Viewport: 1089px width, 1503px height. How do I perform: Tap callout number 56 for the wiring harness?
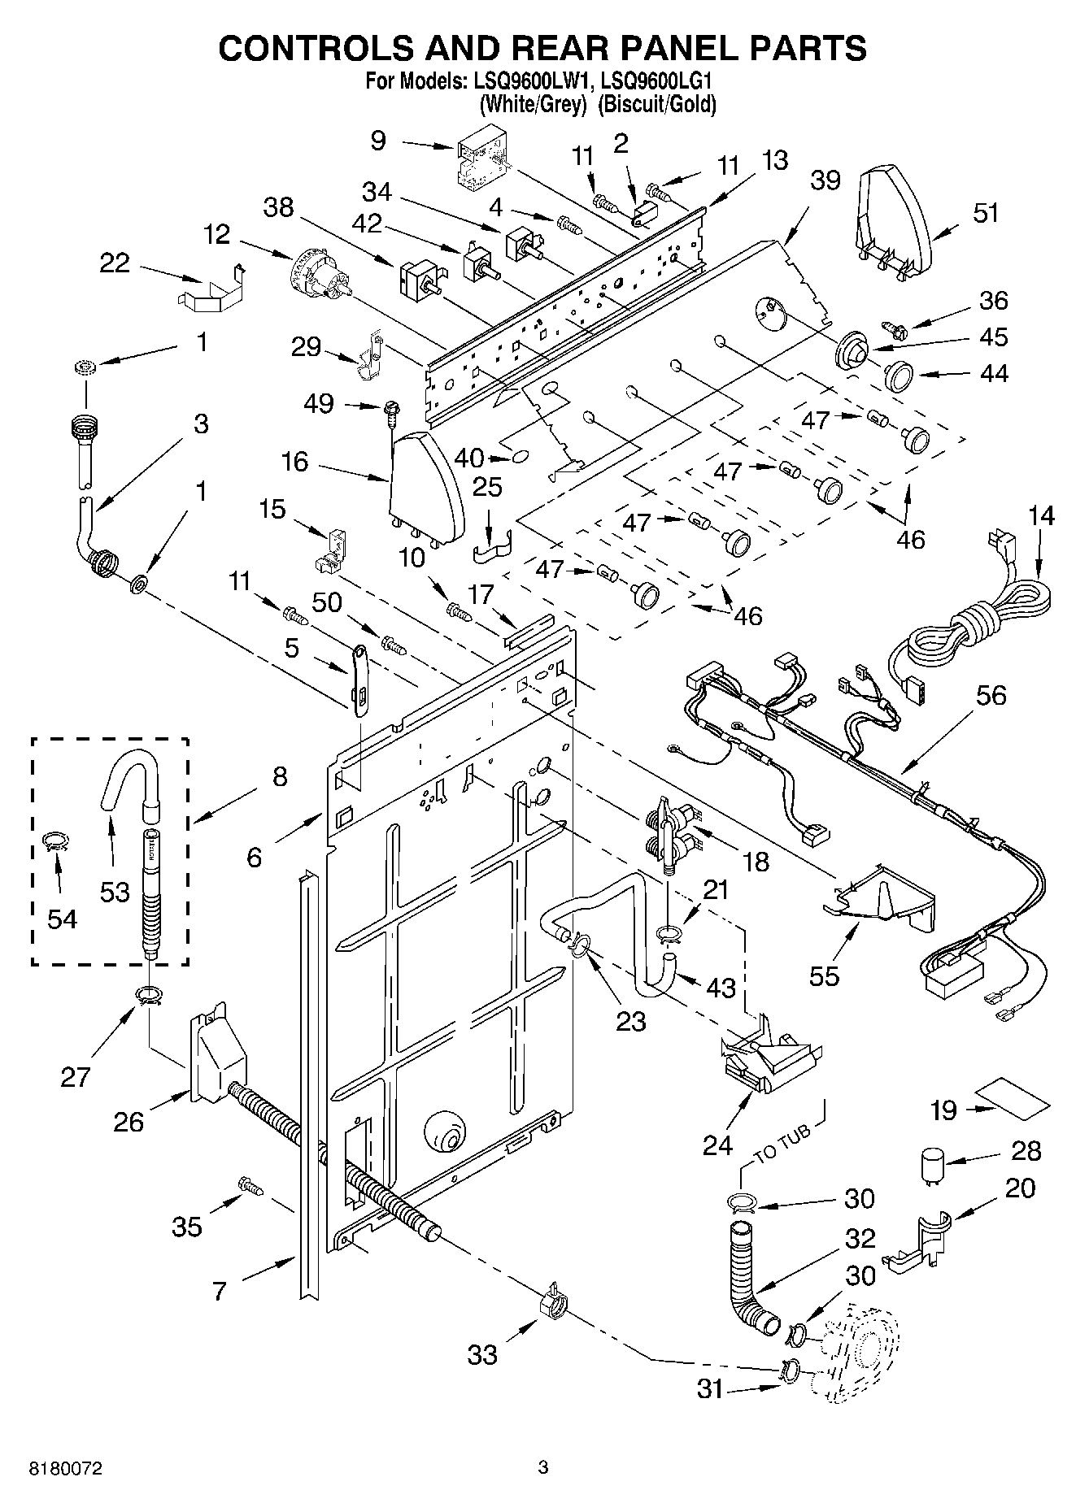(991, 696)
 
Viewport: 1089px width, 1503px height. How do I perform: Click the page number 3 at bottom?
(543, 1467)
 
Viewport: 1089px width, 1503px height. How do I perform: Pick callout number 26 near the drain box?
(129, 1123)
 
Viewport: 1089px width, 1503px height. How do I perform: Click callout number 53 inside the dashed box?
(115, 892)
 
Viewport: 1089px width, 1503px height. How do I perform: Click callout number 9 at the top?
(378, 141)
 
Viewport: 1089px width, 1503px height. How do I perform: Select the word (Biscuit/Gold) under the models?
(657, 104)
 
